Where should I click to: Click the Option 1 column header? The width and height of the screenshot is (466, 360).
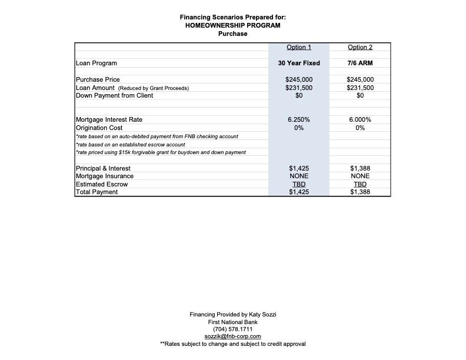click(x=299, y=47)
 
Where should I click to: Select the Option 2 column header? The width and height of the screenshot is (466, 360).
click(x=360, y=47)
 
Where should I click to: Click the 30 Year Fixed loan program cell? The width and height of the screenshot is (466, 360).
click(x=299, y=63)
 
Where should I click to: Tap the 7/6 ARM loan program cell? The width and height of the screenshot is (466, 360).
click(x=360, y=63)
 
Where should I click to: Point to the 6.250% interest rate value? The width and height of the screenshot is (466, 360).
click(x=299, y=119)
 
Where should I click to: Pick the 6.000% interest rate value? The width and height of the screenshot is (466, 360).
click(x=360, y=119)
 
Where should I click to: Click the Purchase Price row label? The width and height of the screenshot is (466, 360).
click(x=98, y=79)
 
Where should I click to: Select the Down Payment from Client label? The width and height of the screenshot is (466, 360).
click(x=114, y=95)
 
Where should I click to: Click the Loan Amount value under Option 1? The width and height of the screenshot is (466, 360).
click(x=299, y=88)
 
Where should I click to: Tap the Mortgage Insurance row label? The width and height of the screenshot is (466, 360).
click(x=105, y=176)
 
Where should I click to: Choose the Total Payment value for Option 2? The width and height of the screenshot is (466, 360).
click(x=360, y=192)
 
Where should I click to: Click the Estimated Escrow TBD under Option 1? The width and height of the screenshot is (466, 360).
click(x=299, y=184)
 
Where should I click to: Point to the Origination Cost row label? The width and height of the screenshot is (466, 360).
click(x=99, y=128)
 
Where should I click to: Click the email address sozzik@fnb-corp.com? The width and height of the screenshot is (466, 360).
click(x=233, y=336)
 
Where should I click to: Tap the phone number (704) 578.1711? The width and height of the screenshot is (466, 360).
click(x=233, y=329)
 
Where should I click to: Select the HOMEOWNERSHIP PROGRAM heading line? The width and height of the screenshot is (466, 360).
click(x=233, y=25)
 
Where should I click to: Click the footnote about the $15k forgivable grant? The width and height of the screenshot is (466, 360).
click(x=161, y=152)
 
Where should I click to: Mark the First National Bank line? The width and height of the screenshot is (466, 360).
click(x=233, y=322)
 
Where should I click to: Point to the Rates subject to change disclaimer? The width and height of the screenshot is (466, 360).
click(x=233, y=344)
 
